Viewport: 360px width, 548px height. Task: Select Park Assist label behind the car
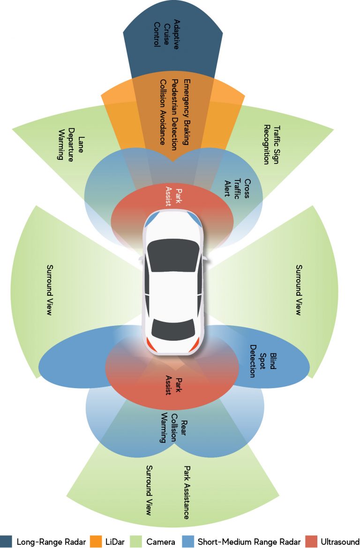click(172, 386)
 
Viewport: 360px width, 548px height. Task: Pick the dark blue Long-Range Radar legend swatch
click(6, 541)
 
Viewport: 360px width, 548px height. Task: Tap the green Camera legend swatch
click(135, 541)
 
